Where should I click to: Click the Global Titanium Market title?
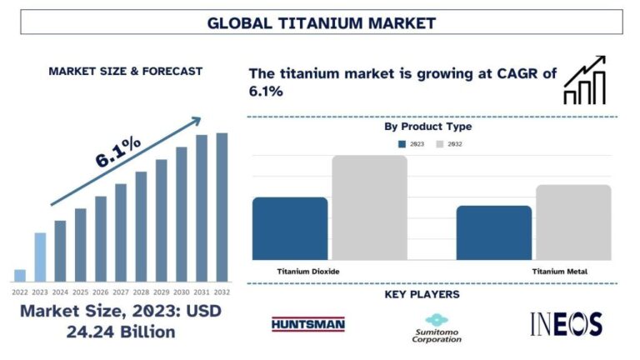point(321,22)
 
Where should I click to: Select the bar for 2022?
point(20,275)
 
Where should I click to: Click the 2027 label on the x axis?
point(121,292)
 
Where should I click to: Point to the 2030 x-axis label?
point(182,292)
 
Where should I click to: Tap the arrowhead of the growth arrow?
point(195,121)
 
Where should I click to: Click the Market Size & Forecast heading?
point(125,72)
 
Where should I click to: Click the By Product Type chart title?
point(427,127)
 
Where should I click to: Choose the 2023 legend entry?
point(412,144)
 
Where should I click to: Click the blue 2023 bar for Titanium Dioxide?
point(290,228)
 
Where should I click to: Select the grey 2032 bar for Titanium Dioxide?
point(369,207)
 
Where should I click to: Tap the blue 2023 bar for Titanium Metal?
point(493,232)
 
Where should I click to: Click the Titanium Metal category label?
point(559,272)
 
